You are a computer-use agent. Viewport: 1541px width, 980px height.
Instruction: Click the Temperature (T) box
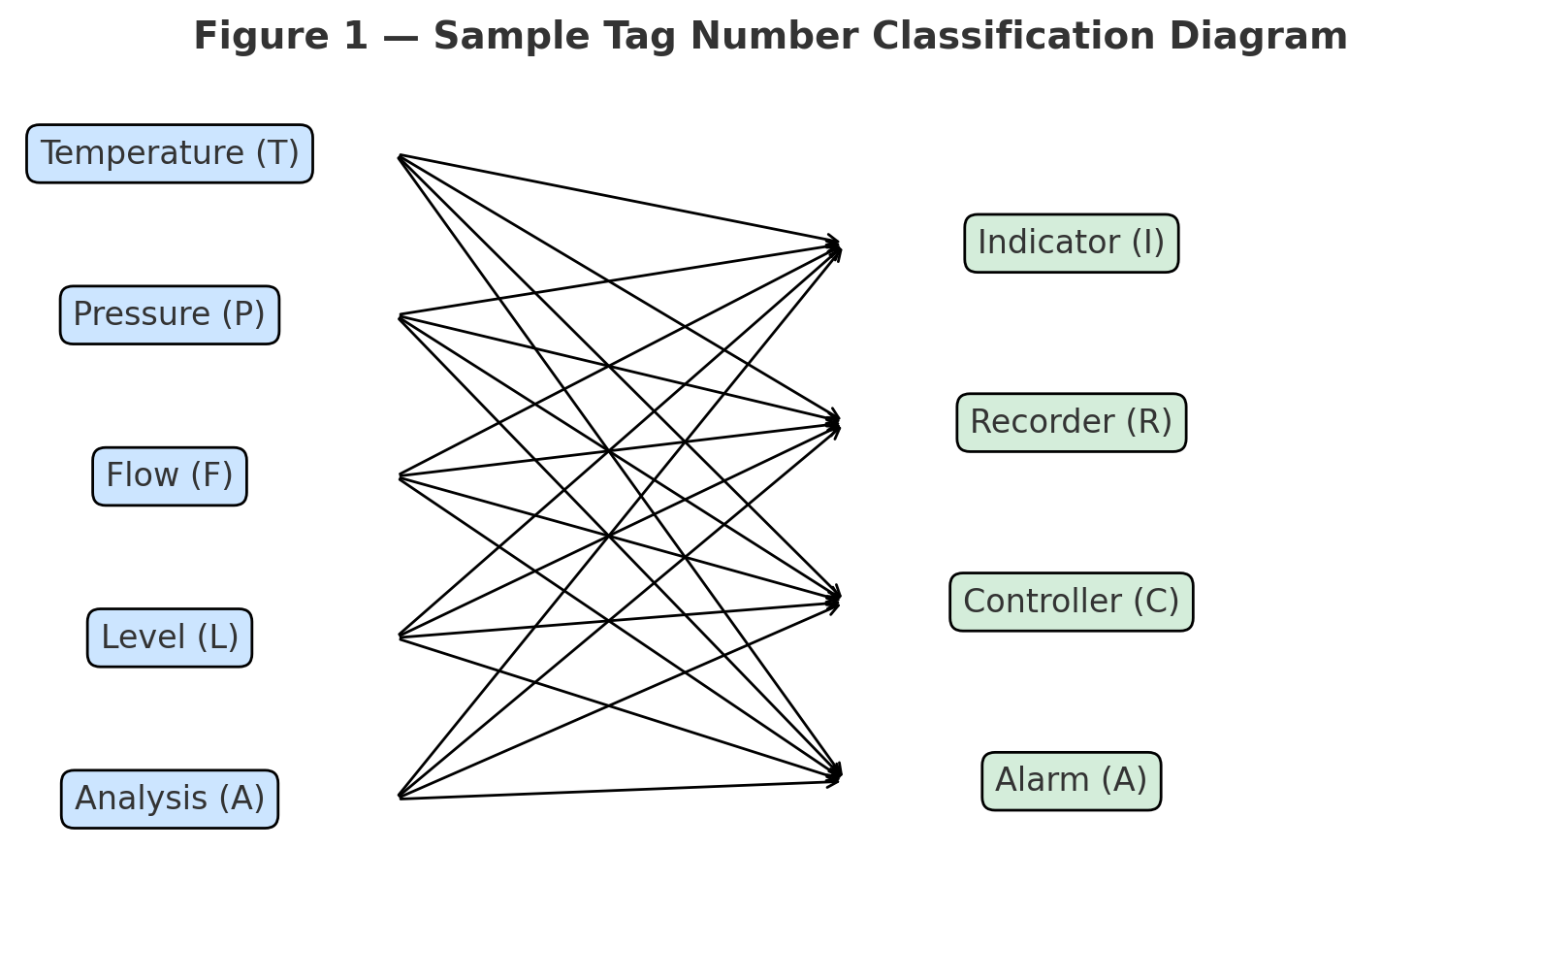pos(170,153)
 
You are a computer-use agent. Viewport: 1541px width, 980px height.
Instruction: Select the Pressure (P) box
pos(170,314)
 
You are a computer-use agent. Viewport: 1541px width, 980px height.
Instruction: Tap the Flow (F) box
pos(170,476)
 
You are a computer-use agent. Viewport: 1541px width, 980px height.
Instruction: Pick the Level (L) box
pos(170,637)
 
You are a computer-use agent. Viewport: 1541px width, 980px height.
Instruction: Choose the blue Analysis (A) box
pos(170,799)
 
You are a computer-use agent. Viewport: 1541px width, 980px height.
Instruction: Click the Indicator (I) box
pos(1071,243)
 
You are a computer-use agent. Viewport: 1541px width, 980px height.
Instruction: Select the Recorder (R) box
pos(1071,422)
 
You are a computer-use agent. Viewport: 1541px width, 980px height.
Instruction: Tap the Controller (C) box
pos(1071,602)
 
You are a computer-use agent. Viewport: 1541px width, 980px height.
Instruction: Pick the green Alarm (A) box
pos(1071,780)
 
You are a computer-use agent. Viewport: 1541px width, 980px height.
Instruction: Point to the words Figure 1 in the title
pos(280,37)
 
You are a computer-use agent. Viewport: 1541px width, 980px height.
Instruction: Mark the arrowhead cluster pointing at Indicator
pos(834,245)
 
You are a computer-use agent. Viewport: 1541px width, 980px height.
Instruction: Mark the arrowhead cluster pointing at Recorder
pos(834,423)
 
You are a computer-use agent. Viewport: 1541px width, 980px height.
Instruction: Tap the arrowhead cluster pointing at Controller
pos(834,601)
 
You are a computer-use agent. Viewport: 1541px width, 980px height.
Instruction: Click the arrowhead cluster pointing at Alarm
pos(834,776)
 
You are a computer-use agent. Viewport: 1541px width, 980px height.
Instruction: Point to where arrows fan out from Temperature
pos(401,156)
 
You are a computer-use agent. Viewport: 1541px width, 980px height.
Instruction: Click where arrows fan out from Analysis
pos(401,797)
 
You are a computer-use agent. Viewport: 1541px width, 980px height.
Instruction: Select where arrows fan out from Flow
pos(401,476)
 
